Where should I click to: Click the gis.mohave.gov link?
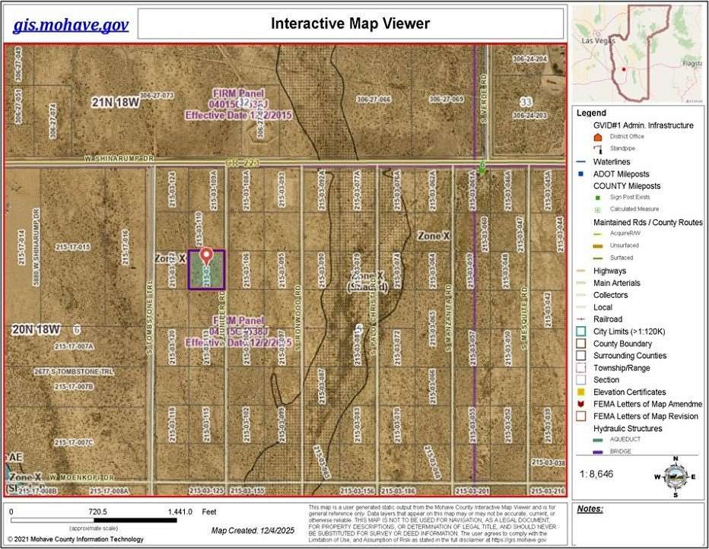[70, 24]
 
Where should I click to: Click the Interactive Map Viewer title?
[350, 24]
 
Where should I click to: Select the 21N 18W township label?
[119, 103]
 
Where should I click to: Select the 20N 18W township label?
[36, 329]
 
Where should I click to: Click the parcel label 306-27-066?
[373, 100]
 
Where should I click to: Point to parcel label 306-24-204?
[529, 59]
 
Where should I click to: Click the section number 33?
[525, 101]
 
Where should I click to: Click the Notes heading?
[590, 508]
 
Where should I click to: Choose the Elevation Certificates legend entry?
[629, 392]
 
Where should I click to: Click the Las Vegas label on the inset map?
[598, 39]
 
